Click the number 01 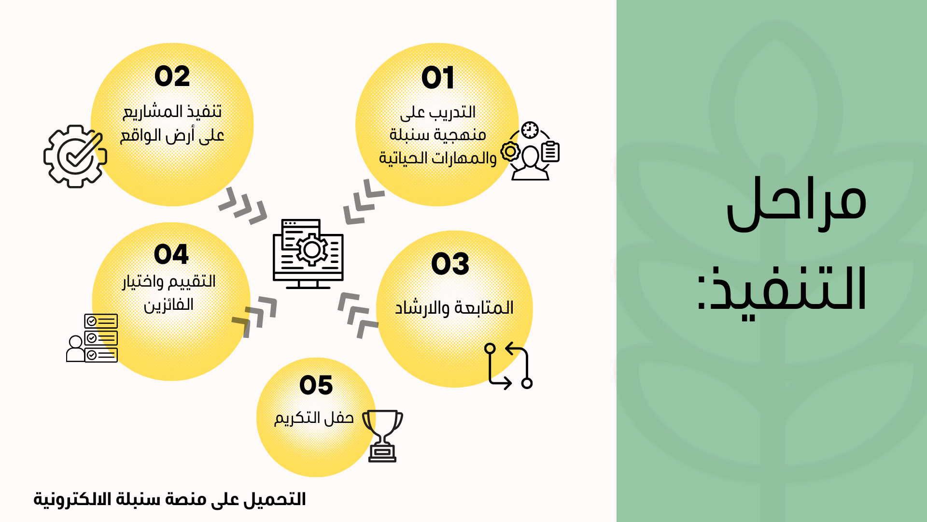coord(438,77)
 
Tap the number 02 coord(172,76)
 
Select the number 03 coord(450,264)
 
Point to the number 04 coord(171,254)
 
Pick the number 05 coord(316,385)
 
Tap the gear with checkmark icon coord(75,156)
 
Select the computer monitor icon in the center coord(308,254)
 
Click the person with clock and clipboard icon coord(530,151)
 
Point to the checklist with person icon coord(92,338)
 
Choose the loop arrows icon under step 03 coord(508,365)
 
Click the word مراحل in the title coord(797,203)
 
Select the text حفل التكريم coord(314,418)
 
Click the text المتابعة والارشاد coord(454,307)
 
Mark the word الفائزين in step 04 coord(169,305)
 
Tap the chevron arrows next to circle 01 coord(364,202)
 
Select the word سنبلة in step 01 coord(409,135)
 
